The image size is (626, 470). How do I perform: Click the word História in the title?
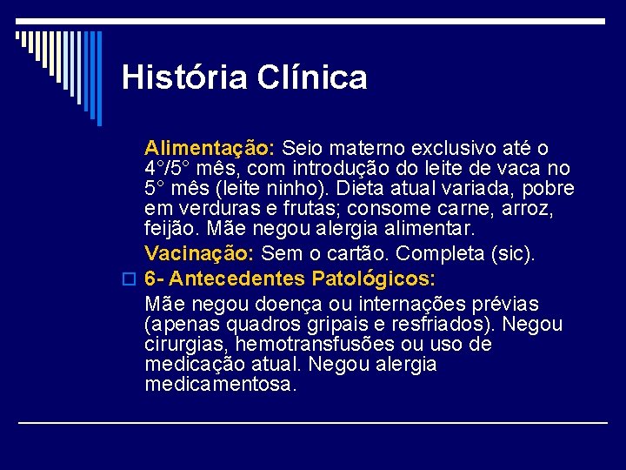184,78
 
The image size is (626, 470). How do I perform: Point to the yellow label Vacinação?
199,253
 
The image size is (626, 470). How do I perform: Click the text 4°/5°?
170,168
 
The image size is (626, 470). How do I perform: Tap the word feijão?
170,230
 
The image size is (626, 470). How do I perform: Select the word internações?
420,305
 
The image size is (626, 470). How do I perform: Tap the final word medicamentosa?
221,384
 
